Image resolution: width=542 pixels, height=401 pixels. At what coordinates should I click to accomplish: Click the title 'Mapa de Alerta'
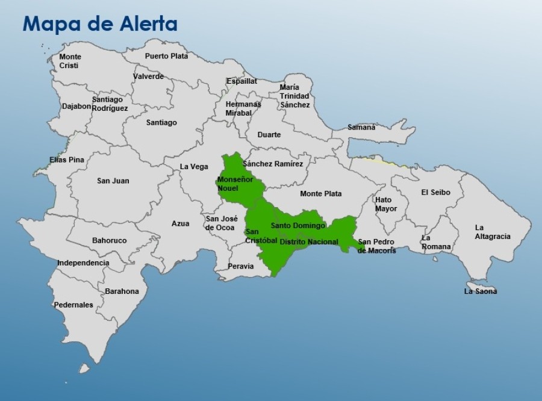click(x=100, y=24)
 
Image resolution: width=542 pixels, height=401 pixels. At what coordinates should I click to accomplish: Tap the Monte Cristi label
click(x=70, y=61)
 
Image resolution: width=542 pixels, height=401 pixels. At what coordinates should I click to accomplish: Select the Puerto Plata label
click(x=166, y=56)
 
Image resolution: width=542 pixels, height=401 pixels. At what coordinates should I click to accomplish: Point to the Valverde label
click(x=148, y=76)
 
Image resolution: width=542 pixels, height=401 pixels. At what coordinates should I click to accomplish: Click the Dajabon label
click(x=76, y=106)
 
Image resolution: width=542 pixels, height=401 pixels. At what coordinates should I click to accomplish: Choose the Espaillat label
click(x=241, y=81)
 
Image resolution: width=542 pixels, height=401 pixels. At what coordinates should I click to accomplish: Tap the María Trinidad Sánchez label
click(x=294, y=96)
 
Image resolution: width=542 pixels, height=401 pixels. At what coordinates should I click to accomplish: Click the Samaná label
click(x=361, y=127)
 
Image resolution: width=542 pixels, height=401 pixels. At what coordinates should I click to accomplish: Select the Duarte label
click(x=269, y=134)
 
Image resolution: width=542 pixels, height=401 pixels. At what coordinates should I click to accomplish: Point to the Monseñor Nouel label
click(x=235, y=184)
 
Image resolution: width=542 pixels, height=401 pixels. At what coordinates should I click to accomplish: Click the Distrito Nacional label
click(x=309, y=241)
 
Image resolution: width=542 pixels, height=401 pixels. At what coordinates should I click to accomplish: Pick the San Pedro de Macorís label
click(x=376, y=246)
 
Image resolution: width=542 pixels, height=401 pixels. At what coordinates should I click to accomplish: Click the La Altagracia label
click(x=492, y=232)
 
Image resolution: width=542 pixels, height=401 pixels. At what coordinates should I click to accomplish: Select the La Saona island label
click(x=480, y=291)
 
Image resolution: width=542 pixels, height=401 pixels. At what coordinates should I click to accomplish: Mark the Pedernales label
click(x=73, y=305)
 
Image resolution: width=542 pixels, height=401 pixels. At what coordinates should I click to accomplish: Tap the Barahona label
click(x=122, y=291)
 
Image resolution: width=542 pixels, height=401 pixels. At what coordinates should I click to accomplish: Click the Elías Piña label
click(x=67, y=160)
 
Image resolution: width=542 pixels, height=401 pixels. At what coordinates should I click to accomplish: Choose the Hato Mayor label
click(x=386, y=204)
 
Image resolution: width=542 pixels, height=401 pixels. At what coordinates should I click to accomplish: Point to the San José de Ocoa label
click(x=221, y=223)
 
